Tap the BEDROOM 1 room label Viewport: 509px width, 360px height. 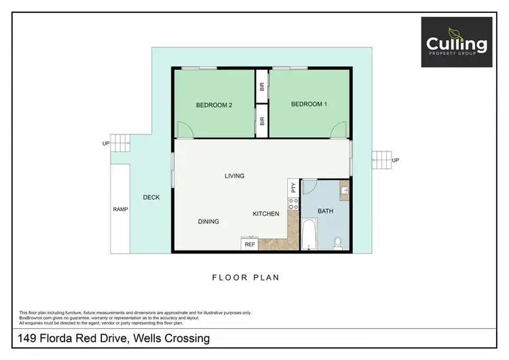coord(309,104)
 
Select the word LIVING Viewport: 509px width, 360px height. coord(234,176)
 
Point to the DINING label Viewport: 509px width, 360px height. coord(208,221)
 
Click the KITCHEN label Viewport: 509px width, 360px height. coord(266,214)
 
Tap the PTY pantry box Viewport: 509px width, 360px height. coord(293,187)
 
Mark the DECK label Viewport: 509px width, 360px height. coord(151,198)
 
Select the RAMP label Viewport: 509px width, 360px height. coord(120,209)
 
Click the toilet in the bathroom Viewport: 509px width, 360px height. coord(337,241)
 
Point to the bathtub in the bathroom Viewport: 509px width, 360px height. coord(309,234)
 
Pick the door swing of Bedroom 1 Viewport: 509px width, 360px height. coord(343,129)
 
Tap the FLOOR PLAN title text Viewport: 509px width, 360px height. coord(246,278)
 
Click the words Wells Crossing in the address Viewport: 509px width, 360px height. coord(174,338)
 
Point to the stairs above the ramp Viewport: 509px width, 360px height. coord(120,143)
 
